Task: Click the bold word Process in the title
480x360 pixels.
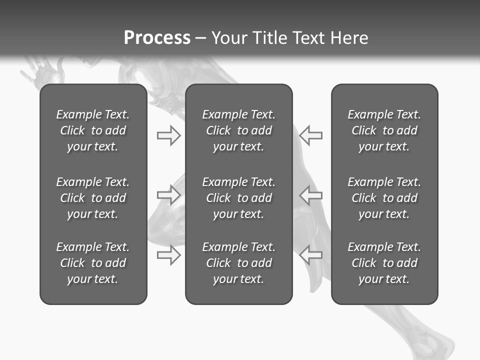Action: pyautogui.click(x=157, y=37)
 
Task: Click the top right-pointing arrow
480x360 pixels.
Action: pyautogui.click(x=168, y=135)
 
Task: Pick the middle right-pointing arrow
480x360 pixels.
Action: pyautogui.click(x=168, y=194)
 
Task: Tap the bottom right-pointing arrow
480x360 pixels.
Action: pyautogui.click(x=168, y=255)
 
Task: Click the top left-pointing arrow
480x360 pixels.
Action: pyautogui.click(x=311, y=135)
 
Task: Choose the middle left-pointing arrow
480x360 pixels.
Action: pyautogui.click(x=311, y=194)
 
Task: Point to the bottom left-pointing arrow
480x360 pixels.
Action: pyautogui.click(x=311, y=255)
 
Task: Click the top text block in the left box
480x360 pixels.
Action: pyautogui.click(x=93, y=130)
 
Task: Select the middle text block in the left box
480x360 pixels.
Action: pyautogui.click(x=93, y=198)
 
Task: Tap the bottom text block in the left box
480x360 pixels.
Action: pyautogui.click(x=93, y=263)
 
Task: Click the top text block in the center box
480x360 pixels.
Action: pyautogui.click(x=238, y=130)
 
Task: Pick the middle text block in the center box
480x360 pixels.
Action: pyautogui.click(x=238, y=198)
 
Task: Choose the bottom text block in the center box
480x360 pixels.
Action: pyautogui.click(x=238, y=263)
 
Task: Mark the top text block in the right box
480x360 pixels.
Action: pyautogui.click(x=384, y=130)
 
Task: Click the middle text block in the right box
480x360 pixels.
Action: pyautogui.click(x=384, y=198)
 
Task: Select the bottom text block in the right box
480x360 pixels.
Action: pyautogui.click(x=384, y=263)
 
